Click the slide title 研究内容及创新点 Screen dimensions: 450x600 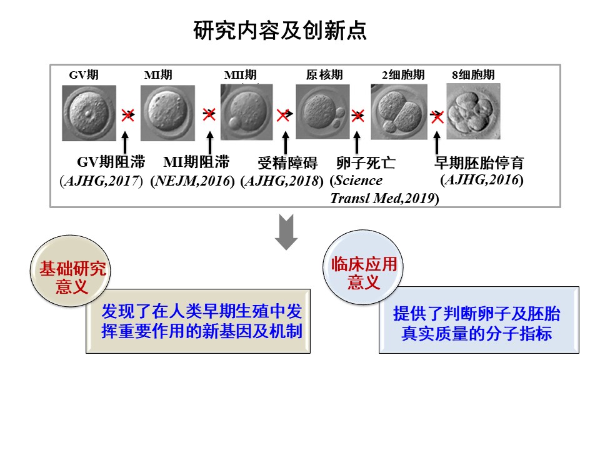[x=279, y=31]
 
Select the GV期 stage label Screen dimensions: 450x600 [x=83, y=75]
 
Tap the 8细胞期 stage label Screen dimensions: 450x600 [x=473, y=75]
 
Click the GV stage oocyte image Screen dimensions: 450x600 [x=89, y=113]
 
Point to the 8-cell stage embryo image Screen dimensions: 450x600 [x=473, y=112]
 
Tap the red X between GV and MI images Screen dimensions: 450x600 [x=128, y=114]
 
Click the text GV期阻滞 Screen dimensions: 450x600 [x=111, y=163]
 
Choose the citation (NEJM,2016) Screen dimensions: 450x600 [x=192, y=181]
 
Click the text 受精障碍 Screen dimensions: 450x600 [x=287, y=164]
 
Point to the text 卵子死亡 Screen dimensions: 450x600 [x=366, y=164]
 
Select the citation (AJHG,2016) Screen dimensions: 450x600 [x=482, y=180]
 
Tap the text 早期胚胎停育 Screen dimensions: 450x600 [x=479, y=164]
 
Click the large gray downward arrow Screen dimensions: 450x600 [x=286, y=232]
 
